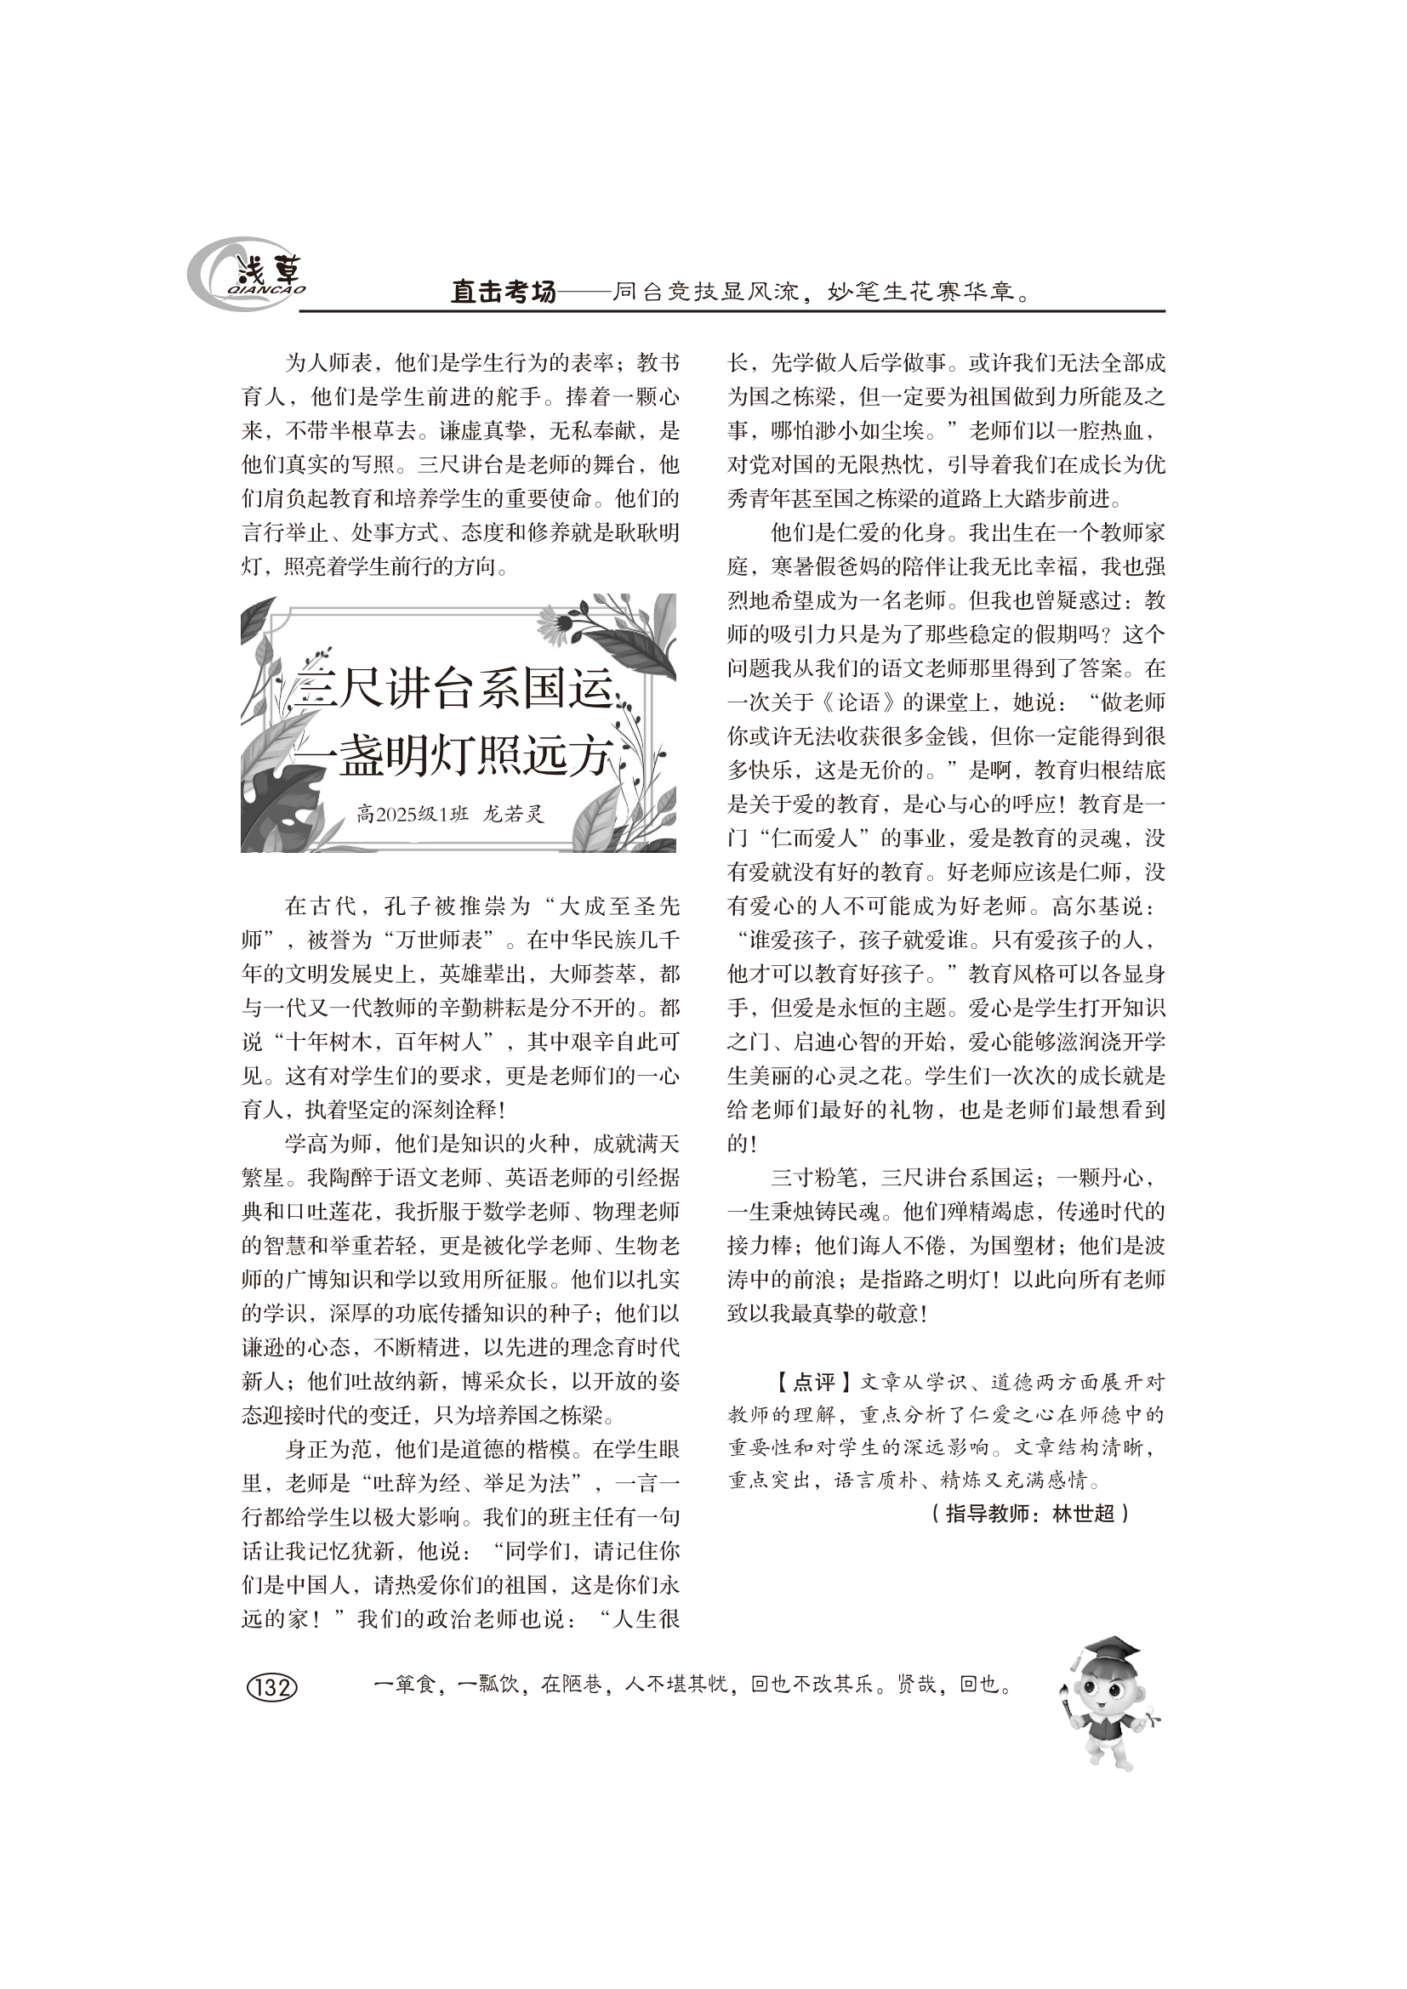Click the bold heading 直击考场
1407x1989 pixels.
pos(503,293)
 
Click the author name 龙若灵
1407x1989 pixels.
pos(513,815)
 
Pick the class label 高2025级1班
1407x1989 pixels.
pos(413,815)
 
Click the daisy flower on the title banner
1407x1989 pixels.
pos(555,622)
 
